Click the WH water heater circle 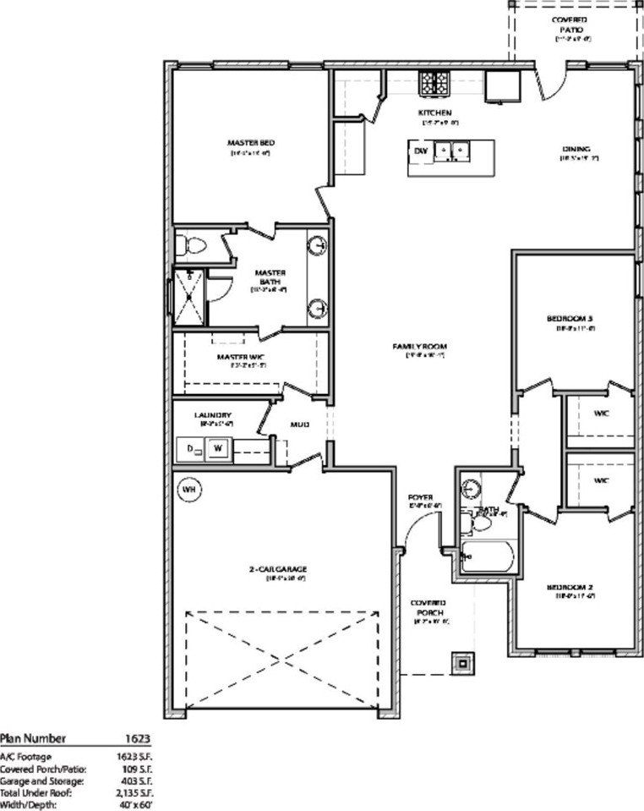(189, 490)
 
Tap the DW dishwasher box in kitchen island (420, 151)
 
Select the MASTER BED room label (250, 143)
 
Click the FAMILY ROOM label (419, 347)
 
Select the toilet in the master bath (194, 246)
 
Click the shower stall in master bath (188, 296)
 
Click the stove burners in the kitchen (435, 82)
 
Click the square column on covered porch (462, 663)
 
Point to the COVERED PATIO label (570, 24)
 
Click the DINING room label (576, 149)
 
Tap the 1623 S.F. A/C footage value (133, 756)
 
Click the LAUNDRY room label (212, 415)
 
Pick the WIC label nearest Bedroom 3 (601, 414)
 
